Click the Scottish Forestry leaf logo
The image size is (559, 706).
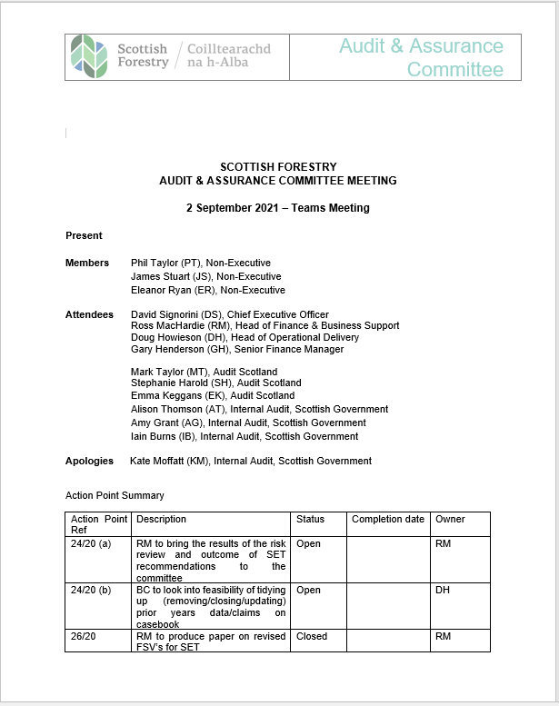tap(89, 55)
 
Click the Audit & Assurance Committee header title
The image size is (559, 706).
tap(421, 57)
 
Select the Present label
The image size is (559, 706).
tap(84, 235)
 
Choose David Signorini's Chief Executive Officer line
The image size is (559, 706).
tap(229, 314)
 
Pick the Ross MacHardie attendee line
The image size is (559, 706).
tap(265, 325)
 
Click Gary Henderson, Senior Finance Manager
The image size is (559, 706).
tap(236, 349)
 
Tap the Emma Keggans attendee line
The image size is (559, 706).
tap(212, 396)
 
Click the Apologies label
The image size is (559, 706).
tap(89, 461)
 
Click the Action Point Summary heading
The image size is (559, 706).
tap(115, 495)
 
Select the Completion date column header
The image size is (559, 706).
tap(388, 520)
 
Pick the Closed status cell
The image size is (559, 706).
tap(312, 637)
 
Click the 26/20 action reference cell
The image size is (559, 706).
tap(84, 637)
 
